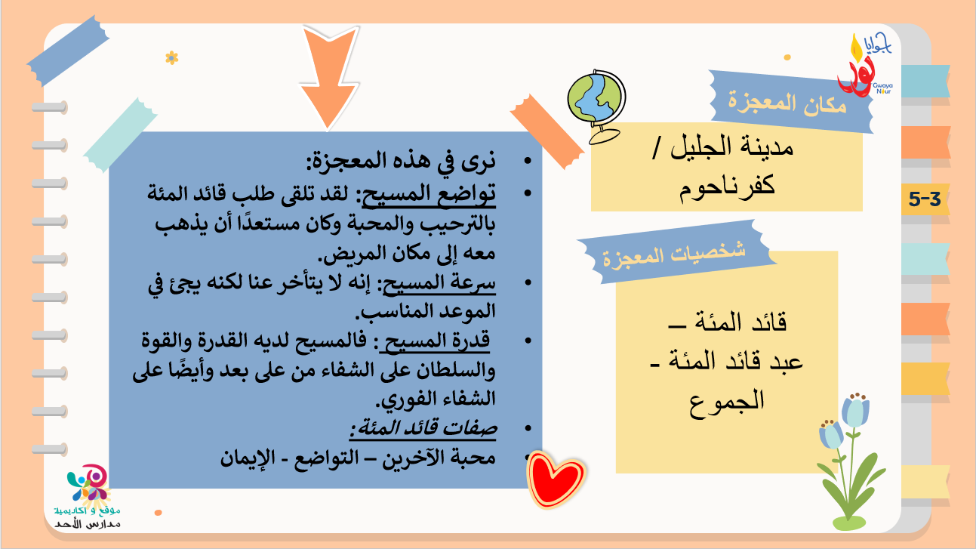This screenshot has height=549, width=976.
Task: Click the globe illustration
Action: tap(596, 105)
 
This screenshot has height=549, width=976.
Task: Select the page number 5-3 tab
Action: tap(925, 199)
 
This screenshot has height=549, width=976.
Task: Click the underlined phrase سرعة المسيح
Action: tap(439, 283)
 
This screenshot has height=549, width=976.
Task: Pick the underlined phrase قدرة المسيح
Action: tap(435, 341)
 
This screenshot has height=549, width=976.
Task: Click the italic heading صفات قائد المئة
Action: tap(423, 428)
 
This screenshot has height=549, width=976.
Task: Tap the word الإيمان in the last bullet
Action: tap(248, 458)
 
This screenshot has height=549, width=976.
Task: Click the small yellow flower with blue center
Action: tap(171, 57)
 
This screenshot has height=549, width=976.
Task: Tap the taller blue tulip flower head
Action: tap(855, 410)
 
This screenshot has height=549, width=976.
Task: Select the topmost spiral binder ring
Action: tap(50, 107)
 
